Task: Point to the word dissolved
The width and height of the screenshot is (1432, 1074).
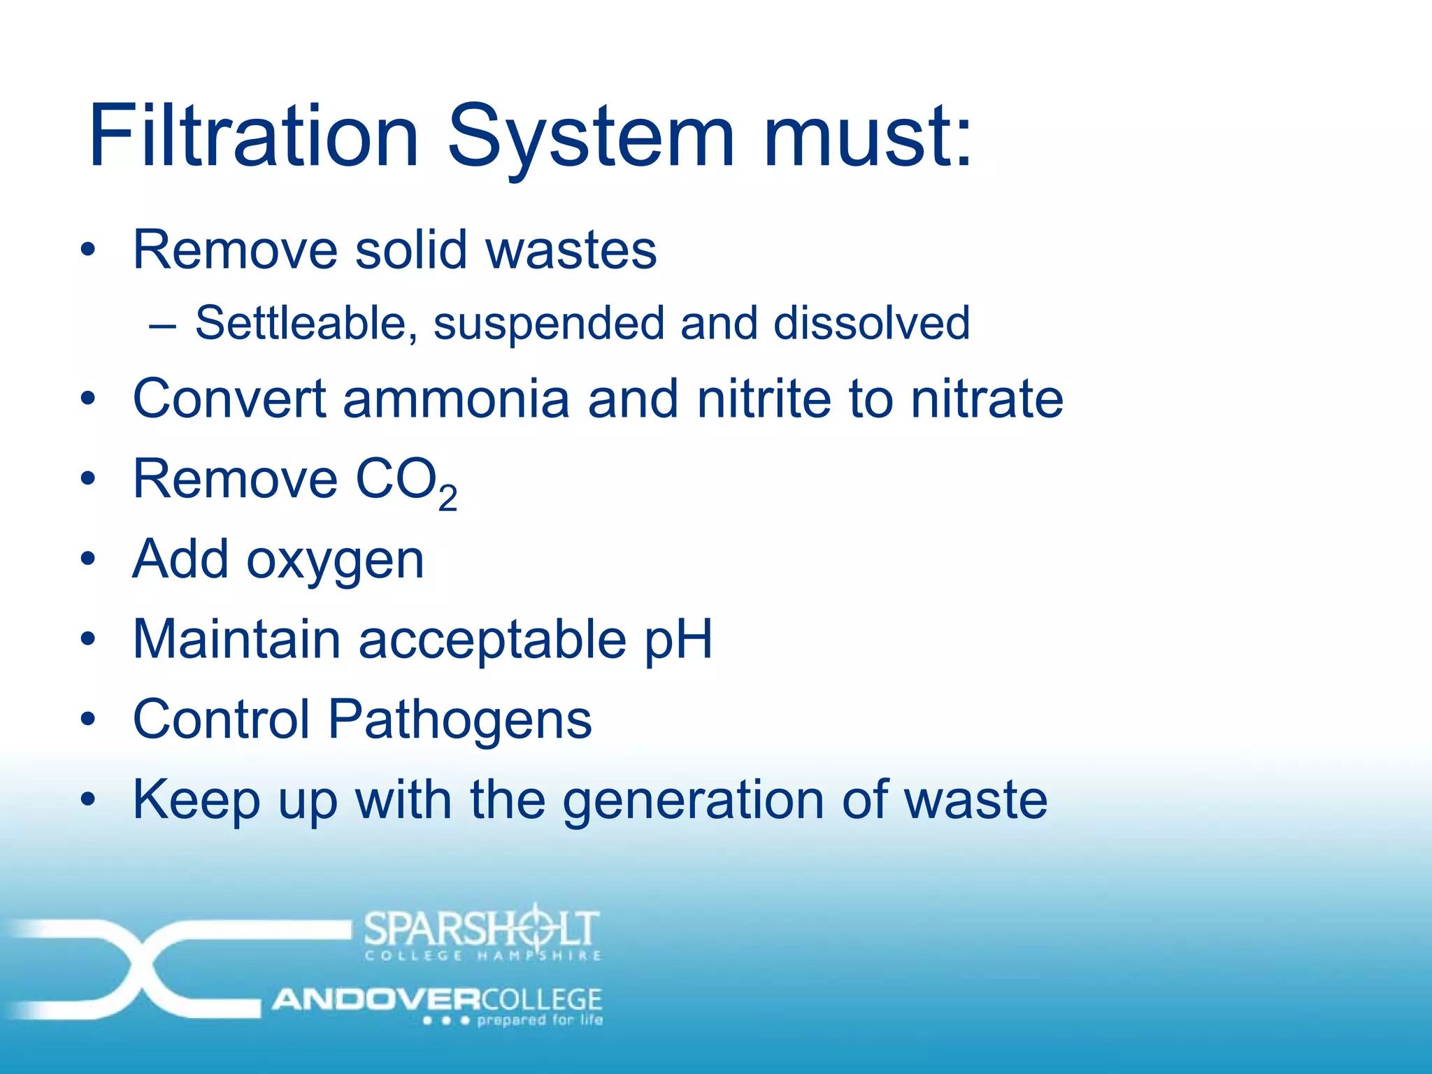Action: (871, 323)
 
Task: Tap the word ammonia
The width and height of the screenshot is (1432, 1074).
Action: (456, 399)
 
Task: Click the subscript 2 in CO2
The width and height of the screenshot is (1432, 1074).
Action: (447, 498)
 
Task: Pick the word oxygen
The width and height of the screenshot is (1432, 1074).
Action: (335, 561)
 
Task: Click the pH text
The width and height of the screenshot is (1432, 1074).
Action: (678, 639)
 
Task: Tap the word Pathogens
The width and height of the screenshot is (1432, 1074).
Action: (460, 719)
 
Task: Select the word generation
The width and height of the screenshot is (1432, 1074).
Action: (693, 801)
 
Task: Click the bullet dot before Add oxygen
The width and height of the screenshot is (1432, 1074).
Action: (87, 559)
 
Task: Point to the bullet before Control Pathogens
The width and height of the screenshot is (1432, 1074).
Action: (87, 719)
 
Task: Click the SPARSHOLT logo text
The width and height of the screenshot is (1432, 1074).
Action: (482, 927)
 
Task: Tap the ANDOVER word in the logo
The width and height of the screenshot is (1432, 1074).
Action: (375, 1000)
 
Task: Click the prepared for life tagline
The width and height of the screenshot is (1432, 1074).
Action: (539, 1020)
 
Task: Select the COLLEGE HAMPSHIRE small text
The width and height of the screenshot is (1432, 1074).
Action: (483, 956)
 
